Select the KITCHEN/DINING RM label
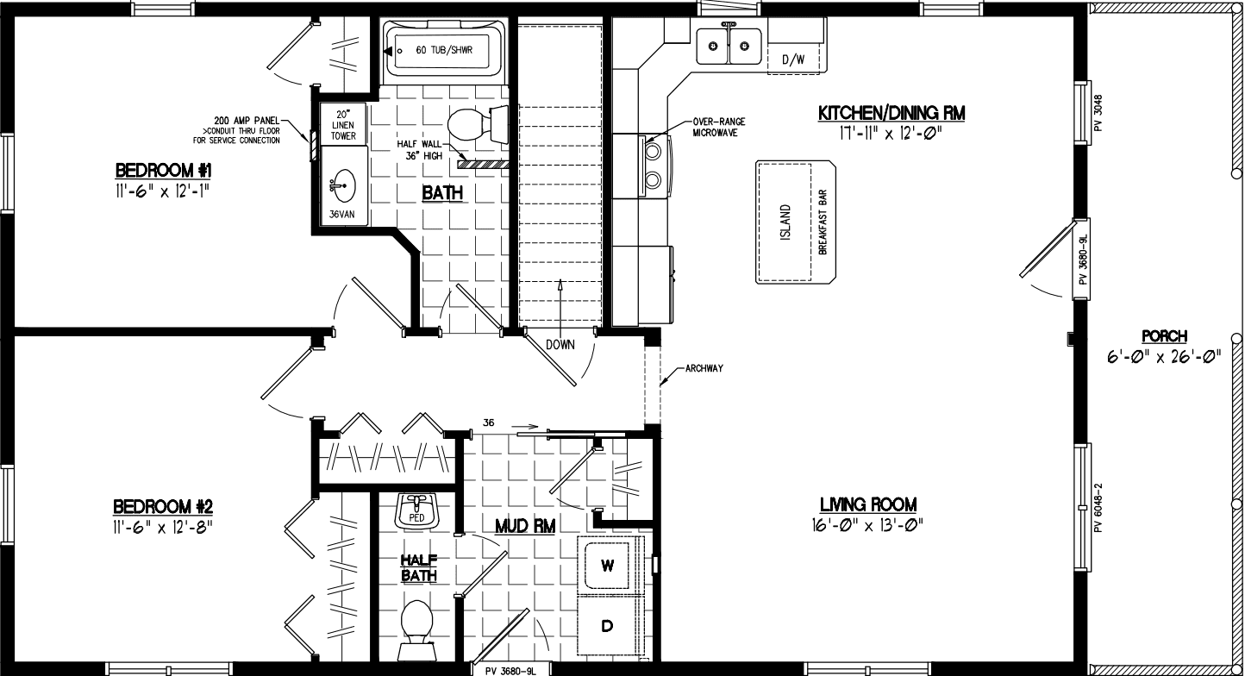(x=892, y=113)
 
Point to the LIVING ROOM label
(x=867, y=504)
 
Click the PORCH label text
(x=1164, y=336)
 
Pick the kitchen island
(x=796, y=222)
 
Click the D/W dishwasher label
(x=792, y=59)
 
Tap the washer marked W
(x=607, y=566)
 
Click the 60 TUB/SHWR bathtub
(x=445, y=51)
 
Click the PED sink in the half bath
(x=417, y=510)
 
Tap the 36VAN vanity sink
(x=341, y=185)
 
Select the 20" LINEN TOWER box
(x=342, y=124)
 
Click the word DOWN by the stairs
(x=560, y=344)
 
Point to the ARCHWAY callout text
(x=704, y=368)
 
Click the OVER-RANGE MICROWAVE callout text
(x=717, y=127)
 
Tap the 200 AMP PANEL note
(x=247, y=129)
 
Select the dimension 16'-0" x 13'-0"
(x=867, y=525)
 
